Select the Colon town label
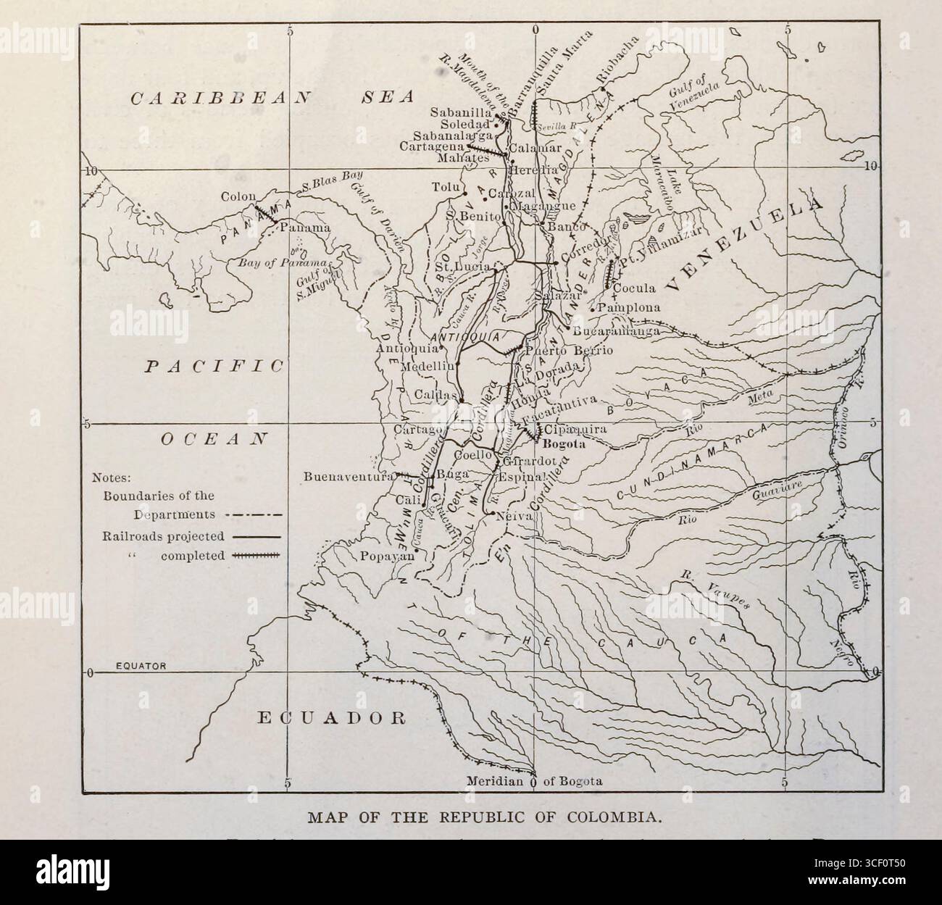[236, 196]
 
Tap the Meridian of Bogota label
[534, 782]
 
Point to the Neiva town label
[515, 516]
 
